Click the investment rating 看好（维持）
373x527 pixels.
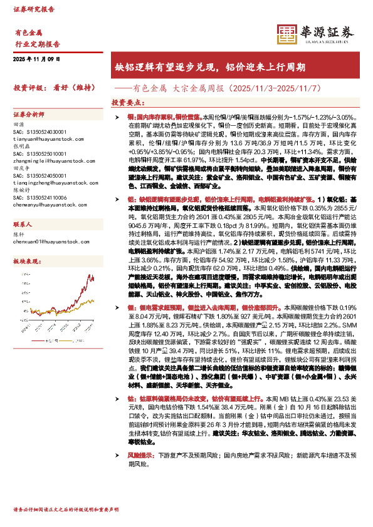click(69, 88)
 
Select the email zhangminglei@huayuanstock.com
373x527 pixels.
click(48, 160)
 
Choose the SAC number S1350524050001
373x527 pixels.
click(39, 175)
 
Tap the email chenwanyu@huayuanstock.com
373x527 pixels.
click(45, 205)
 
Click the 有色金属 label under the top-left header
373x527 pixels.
click(28, 33)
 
